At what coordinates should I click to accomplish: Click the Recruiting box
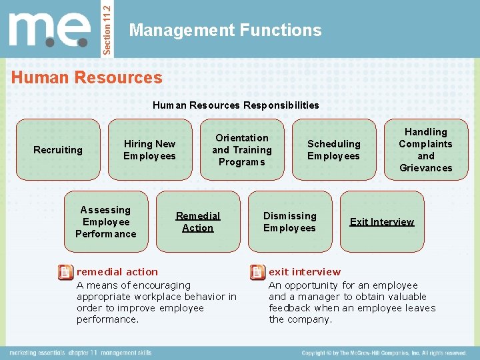click(58, 150)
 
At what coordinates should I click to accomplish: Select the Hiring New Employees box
click(149, 150)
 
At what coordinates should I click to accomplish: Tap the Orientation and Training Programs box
click(242, 150)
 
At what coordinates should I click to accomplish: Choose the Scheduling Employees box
click(333, 150)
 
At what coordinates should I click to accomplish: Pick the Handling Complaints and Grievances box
click(425, 150)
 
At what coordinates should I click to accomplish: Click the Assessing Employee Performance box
click(105, 222)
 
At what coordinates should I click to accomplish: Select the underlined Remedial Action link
click(198, 222)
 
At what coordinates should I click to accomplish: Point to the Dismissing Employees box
click(289, 222)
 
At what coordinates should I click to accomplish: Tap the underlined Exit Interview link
click(382, 222)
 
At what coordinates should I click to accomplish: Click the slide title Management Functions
click(225, 30)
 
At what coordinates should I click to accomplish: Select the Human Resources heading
click(87, 77)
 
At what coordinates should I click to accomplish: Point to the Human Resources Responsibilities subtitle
click(235, 105)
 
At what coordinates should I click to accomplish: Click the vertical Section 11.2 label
click(111, 29)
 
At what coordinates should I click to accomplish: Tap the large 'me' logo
click(50, 29)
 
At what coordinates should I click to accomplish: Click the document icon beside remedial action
click(65, 272)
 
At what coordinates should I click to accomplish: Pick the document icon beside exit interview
click(257, 272)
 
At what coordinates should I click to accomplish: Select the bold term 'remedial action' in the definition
click(117, 272)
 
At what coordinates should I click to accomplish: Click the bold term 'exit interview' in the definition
click(305, 272)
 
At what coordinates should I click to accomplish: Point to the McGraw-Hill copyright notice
click(383, 353)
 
